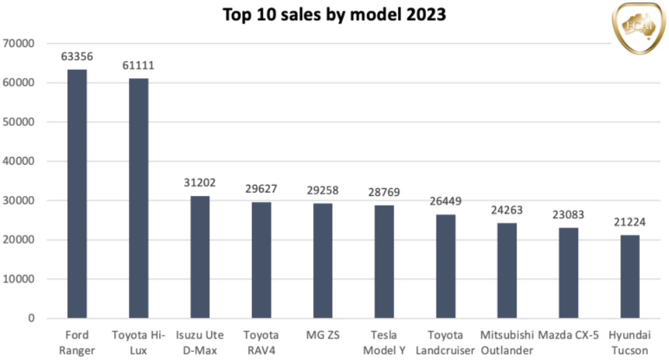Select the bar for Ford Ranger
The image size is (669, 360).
[x=77, y=194]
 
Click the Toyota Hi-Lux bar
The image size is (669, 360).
[x=139, y=198]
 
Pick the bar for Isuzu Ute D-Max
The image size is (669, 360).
[x=199, y=257]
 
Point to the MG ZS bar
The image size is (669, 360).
[x=323, y=261]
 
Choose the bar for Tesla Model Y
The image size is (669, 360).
[x=384, y=262]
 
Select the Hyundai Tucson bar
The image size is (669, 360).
[x=630, y=277]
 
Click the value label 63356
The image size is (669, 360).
[x=77, y=57]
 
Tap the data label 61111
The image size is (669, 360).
[x=139, y=66]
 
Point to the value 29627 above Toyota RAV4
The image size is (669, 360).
[x=261, y=189]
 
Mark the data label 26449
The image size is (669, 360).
[x=445, y=201]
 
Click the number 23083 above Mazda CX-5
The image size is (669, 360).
[x=568, y=215]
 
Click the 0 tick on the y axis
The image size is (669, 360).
[x=32, y=318]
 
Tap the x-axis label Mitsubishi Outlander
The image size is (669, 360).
[x=507, y=342]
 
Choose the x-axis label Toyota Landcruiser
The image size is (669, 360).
[x=445, y=342]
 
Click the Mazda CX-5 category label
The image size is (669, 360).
[x=568, y=335]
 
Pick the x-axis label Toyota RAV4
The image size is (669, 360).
[x=261, y=342]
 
